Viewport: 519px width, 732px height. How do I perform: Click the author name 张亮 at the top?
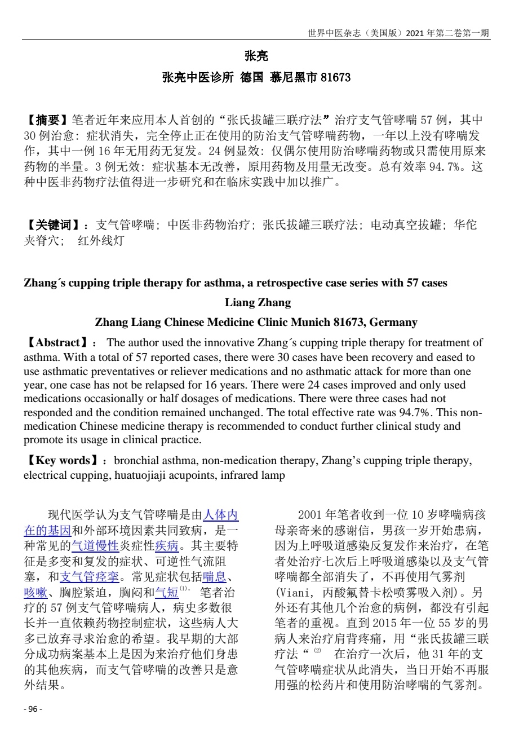[256, 56]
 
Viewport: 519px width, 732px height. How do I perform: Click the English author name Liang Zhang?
[258, 303]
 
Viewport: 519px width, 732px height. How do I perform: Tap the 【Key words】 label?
[62, 461]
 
